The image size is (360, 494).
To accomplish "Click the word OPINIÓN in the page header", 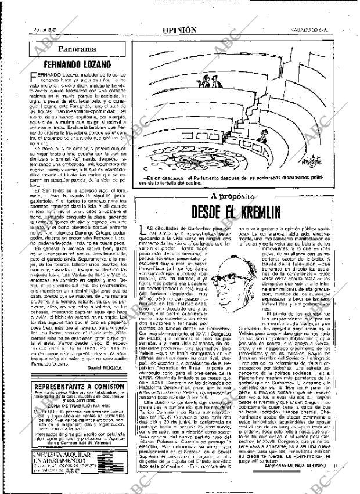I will point(178,29).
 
